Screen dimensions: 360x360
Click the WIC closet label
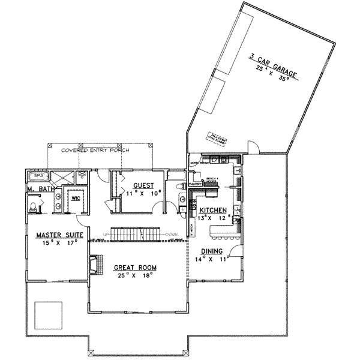(x=76, y=197)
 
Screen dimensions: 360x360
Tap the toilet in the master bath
(x=33, y=207)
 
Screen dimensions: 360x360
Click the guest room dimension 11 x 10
(x=143, y=194)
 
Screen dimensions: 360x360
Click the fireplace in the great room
(x=92, y=265)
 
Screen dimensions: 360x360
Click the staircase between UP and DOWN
(x=136, y=233)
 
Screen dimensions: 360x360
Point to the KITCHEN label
(x=212, y=211)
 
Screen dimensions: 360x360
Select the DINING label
(x=212, y=251)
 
